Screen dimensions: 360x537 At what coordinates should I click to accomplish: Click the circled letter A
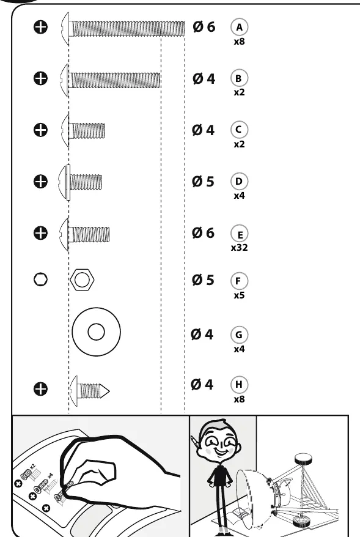pyautogui.click(x=239, y=27)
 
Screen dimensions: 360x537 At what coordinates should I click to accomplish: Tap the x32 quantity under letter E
pyautogui.click(x=239, y=248)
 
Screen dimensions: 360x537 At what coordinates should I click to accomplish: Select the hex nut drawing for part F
pyautogui.click(x=82, y=280)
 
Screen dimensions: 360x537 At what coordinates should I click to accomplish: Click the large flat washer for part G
pyautogui.click(x=96, y=332)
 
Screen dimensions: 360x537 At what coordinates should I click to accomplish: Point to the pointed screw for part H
pyautogui.click(x=90, y=391)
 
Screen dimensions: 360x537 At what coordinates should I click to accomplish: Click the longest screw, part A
pyautogui.click(x=123, y=28)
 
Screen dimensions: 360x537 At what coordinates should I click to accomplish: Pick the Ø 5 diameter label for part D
pyautogui.click(x=203, y=182)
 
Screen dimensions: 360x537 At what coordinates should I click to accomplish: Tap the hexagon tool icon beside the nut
pyautogui.click(x=40, y=280)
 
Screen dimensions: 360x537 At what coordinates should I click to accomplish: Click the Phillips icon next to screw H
pyautogui.click(x=40, y=389)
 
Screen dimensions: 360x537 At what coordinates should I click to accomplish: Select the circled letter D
pyautogui.click(x=239, y=181)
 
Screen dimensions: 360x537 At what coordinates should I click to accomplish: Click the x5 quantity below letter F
pyautogui.click(x=239, y=295)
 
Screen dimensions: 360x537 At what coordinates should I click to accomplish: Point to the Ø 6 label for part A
pyautogui.click(x=204, y=27)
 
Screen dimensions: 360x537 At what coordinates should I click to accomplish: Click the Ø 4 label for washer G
pyautogui.click(x=202, y=335)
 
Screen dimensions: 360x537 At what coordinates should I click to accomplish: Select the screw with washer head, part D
pyautogui.click(x=81, y=182)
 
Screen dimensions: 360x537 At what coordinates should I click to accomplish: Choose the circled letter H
pyautogui.click(x=239, y=385)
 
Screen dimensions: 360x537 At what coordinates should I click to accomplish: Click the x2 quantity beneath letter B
pyautogui.click(x=239, y=92)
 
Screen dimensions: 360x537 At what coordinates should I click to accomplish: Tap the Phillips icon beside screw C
pyautogui.click(x=40, y=130)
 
